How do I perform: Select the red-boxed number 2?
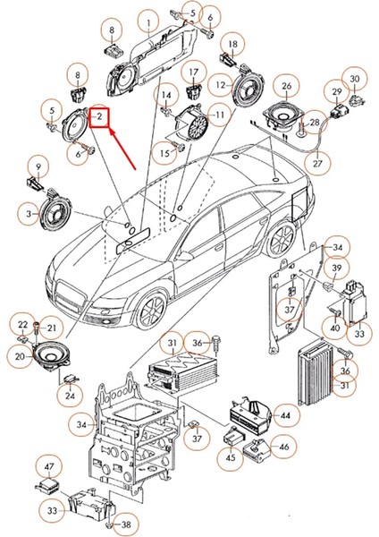tap(99, 115)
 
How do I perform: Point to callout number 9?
tap(38, 166)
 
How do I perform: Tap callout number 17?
tap(193, 72)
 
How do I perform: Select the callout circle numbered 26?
tap(286, 88)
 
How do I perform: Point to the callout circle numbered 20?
tap(19, 355)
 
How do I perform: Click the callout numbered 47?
tap(50, 468)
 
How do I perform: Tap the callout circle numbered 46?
tap(282, 446)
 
